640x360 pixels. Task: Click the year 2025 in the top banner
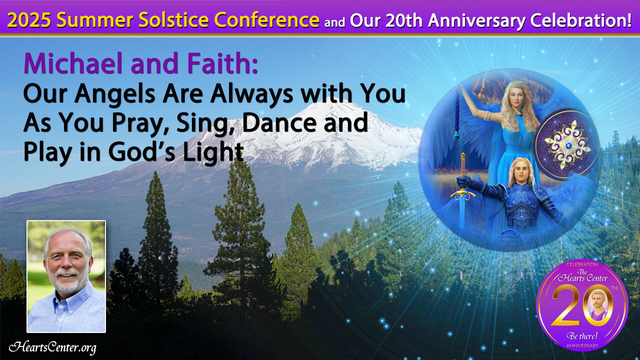point(29,20)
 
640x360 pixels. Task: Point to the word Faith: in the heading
point(222,63)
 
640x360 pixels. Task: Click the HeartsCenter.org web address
point(52,347)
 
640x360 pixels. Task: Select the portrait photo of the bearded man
point(66,276)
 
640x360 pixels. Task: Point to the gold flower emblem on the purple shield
point(567,144)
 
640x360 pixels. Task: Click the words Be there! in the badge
point(582,336)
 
